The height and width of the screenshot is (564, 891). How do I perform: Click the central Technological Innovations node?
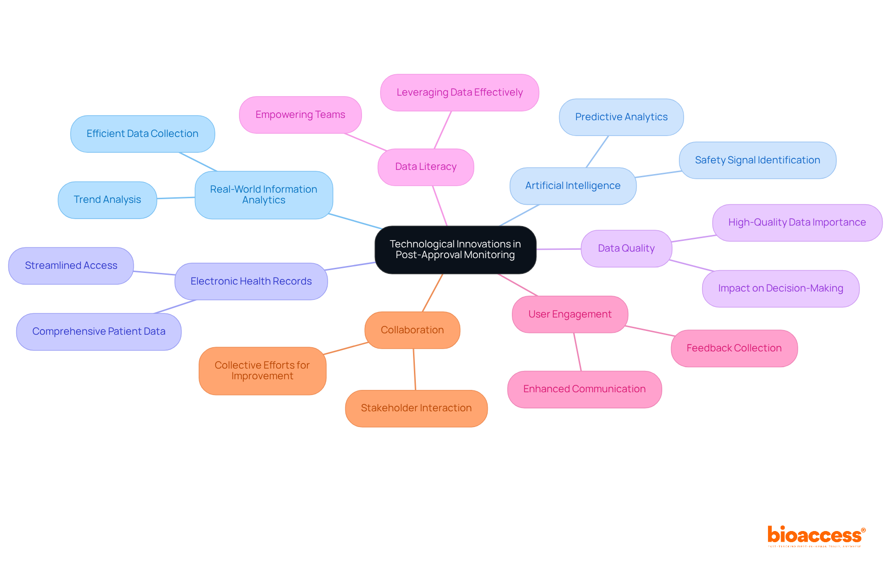455,250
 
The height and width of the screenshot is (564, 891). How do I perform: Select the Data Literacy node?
426,167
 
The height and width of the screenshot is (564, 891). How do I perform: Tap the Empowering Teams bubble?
300,115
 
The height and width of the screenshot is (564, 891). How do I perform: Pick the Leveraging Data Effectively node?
459,92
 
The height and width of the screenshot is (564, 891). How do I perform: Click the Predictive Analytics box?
621,117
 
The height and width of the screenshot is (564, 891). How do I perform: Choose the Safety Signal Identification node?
757,160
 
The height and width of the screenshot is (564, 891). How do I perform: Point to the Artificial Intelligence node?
573,186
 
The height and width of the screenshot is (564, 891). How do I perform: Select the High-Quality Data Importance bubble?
797,222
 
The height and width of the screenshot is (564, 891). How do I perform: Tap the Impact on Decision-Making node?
781,288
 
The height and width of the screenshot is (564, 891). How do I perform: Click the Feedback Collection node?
734,348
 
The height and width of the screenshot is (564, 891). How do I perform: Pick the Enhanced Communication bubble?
584,389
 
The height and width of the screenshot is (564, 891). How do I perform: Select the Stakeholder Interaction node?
416,408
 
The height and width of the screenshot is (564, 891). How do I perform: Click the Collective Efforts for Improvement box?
262,370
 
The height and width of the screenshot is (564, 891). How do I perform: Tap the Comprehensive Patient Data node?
99,331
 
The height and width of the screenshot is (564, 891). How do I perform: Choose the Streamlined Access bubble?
71,266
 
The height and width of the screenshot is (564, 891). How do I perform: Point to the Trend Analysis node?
107,200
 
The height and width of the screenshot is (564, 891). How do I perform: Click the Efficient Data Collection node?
142,134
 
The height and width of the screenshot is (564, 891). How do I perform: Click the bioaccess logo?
816,536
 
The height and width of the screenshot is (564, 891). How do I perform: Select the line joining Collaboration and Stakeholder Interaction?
414,369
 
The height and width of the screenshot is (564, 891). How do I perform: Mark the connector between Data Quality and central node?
559,249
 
